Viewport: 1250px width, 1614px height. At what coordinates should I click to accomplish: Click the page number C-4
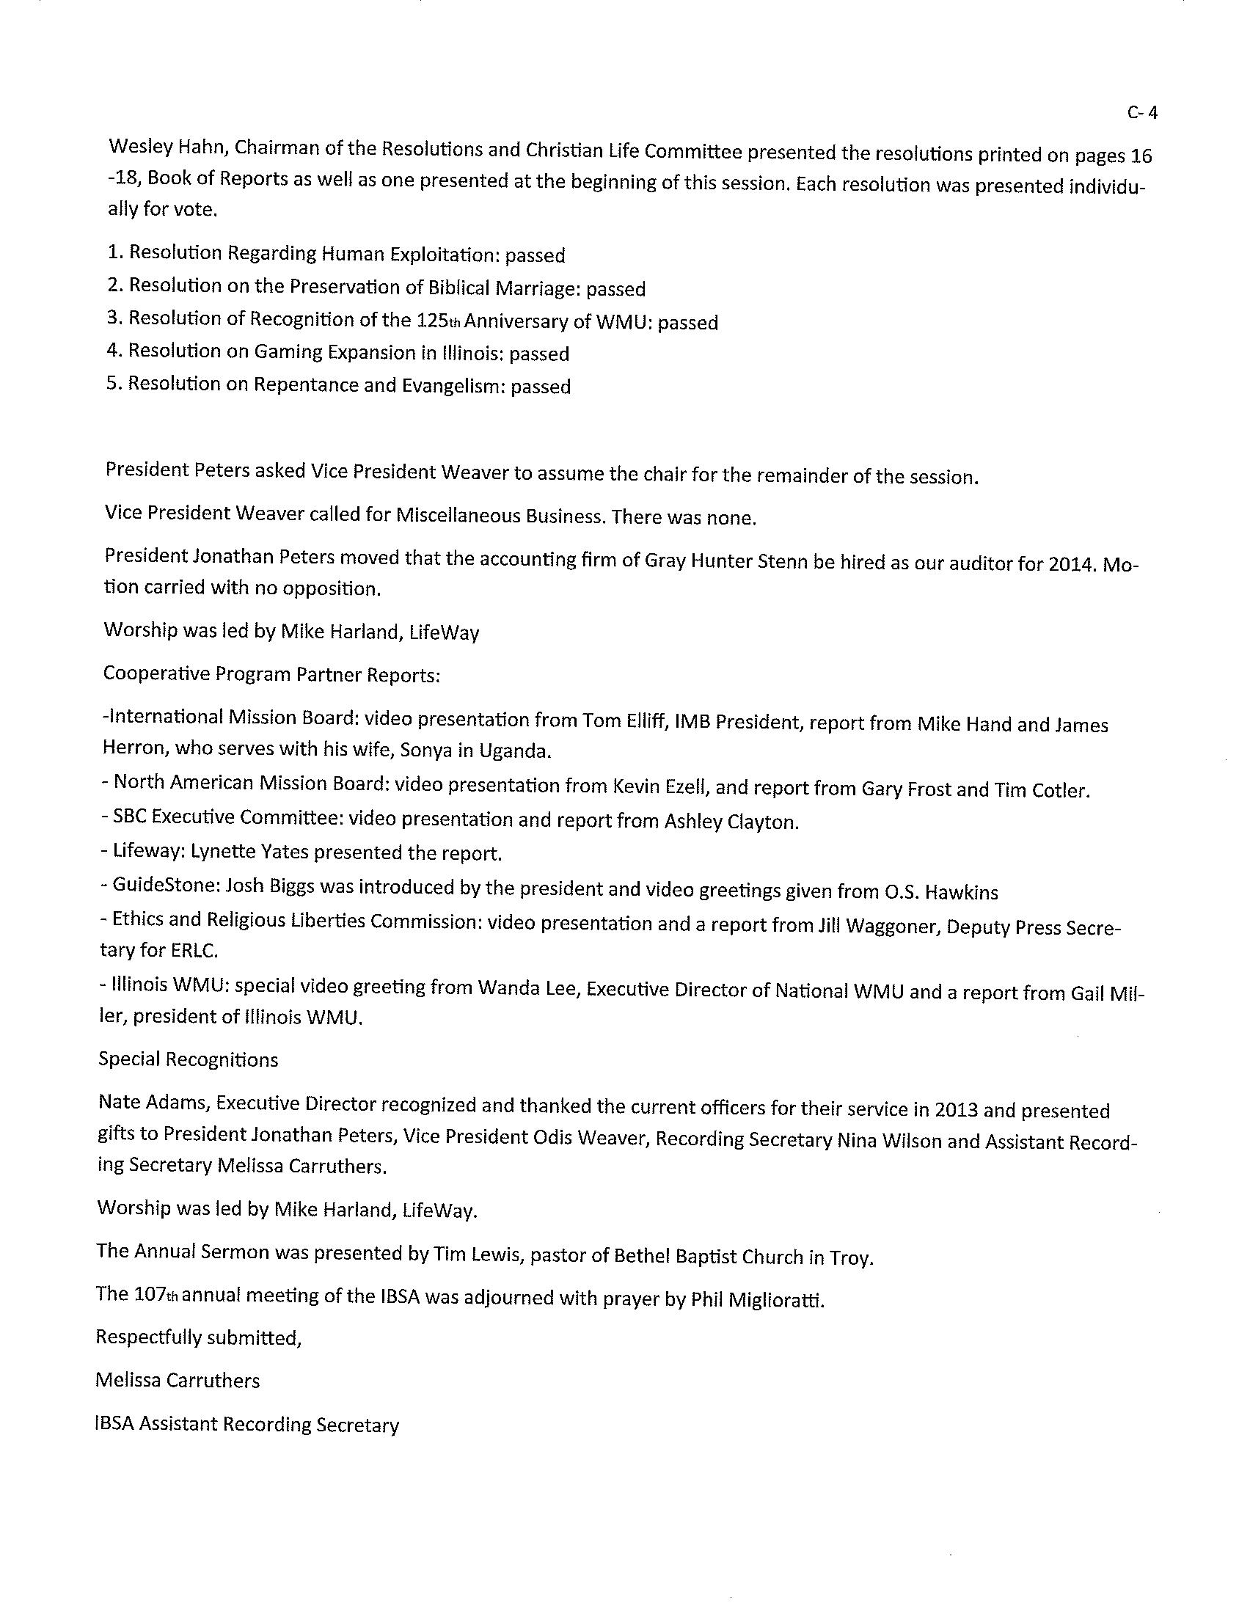click(1142, 113)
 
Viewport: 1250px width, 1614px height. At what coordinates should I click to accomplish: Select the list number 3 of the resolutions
click(114, 318)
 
